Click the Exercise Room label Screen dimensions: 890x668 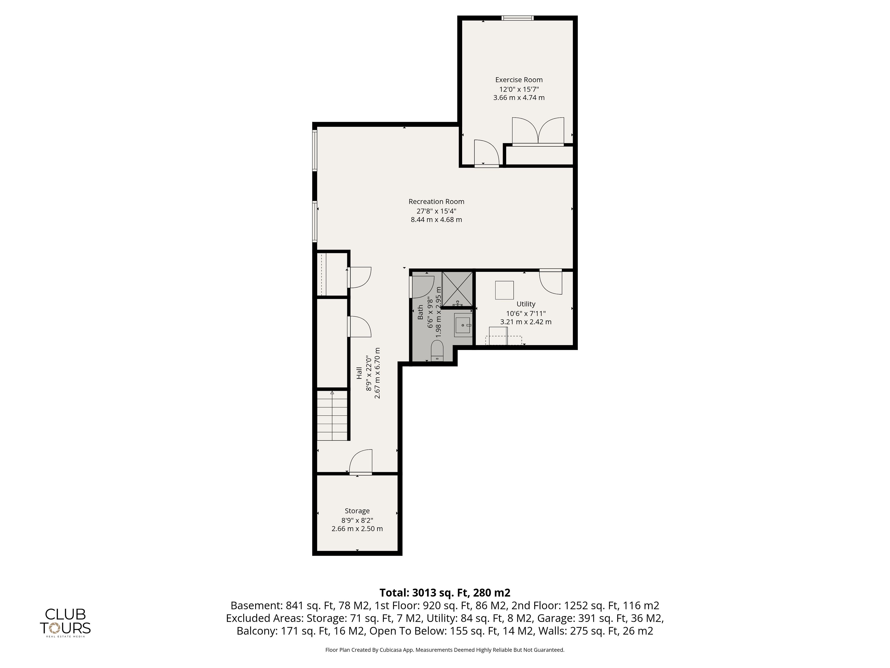519,80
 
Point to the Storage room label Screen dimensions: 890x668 357,511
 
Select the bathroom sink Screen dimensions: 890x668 463,324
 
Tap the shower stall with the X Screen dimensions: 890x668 458,289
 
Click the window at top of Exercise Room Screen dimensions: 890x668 517,18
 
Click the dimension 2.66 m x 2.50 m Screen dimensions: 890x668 357,529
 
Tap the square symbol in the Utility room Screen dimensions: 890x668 504,290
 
